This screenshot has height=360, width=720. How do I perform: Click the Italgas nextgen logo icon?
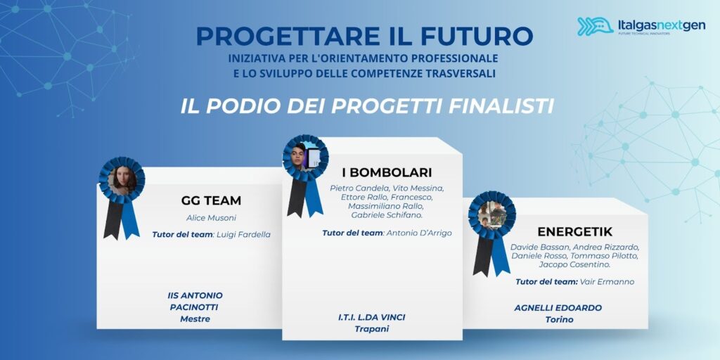coord(595,26)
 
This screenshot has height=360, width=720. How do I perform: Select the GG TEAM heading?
coord(211,200)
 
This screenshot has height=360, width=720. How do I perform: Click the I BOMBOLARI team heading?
coord(387,172)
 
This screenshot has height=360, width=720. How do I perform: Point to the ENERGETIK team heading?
coord(575,231)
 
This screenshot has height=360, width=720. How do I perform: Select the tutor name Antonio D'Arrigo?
coord(419,233)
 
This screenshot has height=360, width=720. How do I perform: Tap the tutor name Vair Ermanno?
coord(607,281)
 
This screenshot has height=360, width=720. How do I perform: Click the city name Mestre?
coord(195,319)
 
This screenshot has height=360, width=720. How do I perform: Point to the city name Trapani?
coord(372,329)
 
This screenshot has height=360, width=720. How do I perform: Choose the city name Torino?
coord(559,320)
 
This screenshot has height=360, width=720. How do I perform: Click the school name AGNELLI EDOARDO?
coord(558,308)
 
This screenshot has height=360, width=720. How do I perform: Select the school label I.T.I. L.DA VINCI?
coord(372,317)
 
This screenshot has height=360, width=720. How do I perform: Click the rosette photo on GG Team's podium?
coord(122,181)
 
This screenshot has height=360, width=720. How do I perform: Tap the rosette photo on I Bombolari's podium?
coord(305,157)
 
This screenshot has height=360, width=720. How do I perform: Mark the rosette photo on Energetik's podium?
coord(491,214)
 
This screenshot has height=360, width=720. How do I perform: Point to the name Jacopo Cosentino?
coord(575,264)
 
